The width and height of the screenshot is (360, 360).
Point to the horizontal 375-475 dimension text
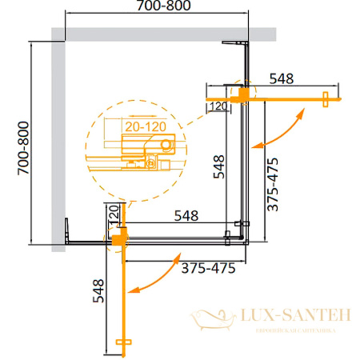[208, 268]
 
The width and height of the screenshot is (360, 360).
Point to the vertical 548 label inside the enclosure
[218, 166]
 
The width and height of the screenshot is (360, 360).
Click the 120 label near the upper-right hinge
[217, 105]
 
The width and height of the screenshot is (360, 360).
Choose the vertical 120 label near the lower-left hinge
[113, 214]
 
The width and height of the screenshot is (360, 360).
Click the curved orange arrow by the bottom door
[157, 275]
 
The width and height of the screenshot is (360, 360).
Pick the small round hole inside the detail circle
[166, 144]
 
